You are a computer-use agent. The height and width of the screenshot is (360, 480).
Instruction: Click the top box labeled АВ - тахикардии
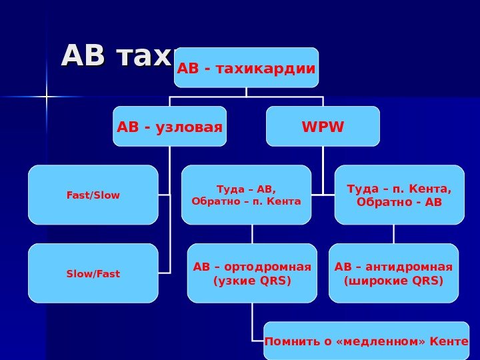[x=246, y=67]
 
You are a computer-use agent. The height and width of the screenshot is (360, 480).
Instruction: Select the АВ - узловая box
[x=169, y=125]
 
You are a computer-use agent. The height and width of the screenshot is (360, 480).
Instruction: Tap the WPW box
[x=323, y=125]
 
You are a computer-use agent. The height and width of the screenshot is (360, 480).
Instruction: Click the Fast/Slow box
[x=93, y=195]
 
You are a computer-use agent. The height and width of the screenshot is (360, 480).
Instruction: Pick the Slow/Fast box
[x=93, y=273]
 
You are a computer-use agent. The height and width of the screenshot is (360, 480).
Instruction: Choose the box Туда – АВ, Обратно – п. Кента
[x=246, y=195]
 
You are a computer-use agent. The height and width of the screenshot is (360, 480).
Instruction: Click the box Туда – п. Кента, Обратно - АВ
[x=399, y=195]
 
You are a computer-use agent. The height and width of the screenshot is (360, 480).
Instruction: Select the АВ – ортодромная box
[x=252, y=273]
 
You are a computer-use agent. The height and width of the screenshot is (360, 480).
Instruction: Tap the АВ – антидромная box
[x=393, y=273]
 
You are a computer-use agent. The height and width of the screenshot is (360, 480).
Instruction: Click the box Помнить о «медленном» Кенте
[x=367, y=341]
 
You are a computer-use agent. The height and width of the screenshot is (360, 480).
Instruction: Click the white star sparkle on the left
[x=47, y=97]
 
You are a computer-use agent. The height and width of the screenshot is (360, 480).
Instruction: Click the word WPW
[x=323, y=125]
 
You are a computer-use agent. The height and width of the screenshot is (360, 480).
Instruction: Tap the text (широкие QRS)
[x=393, y=281]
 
